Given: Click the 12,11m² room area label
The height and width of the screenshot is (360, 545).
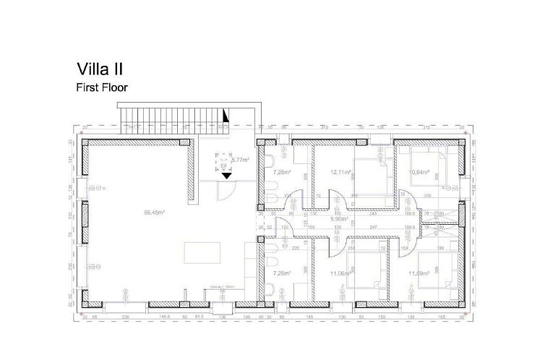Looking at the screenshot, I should [x=340, y=173].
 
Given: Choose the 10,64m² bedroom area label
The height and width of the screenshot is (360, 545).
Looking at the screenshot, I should [x=420, y=173].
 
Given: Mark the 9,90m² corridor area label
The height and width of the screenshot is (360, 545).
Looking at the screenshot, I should [x=340, y=218].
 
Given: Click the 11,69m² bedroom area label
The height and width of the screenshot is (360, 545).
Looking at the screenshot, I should [x=419, y=274].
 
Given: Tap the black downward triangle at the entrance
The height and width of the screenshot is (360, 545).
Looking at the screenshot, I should [x=226, y=175].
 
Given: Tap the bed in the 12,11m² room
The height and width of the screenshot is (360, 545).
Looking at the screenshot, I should [x=371, y=173].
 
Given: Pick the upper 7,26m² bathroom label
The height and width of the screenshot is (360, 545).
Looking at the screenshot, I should [x=281, y=173].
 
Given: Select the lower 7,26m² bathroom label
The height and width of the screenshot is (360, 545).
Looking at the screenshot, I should [x=281, y=274].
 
